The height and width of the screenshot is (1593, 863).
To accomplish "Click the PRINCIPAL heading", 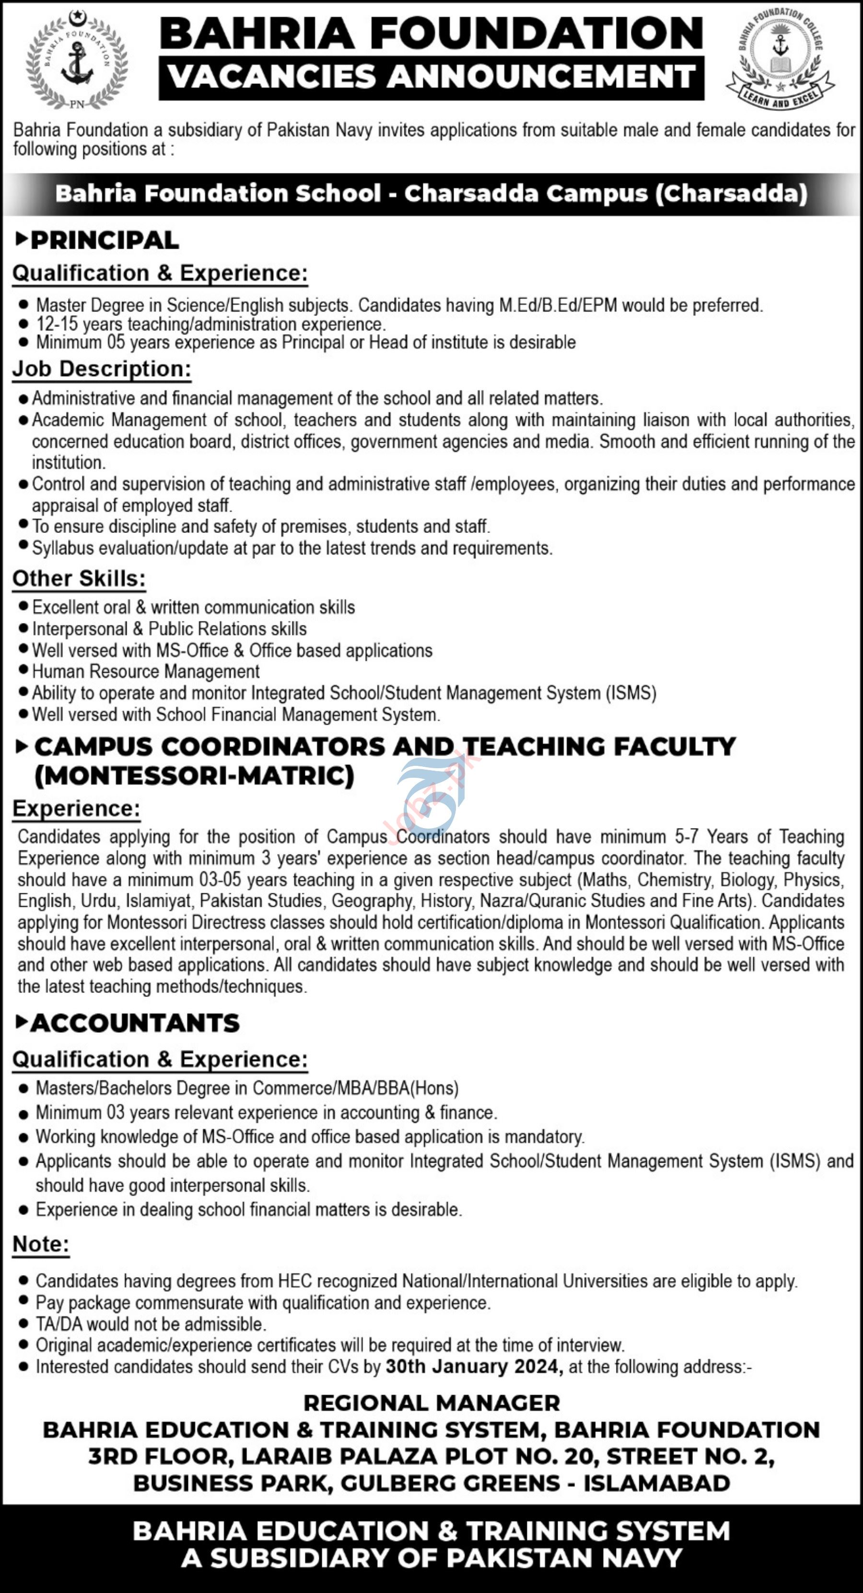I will pos(104,240).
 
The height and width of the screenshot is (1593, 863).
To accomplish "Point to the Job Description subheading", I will pos(102,369).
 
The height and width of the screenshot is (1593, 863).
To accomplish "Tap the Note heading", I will pos(41,1244).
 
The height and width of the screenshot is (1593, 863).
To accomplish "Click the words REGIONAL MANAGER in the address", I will pos(432,1403).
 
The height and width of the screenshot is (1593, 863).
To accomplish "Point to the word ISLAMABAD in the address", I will pos(656,1483).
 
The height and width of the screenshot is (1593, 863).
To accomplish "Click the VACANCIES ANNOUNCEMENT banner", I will pos(431,77).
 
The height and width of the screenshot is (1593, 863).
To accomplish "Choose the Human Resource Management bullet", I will pos(146,671).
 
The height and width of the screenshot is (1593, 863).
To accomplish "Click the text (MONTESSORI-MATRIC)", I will pos(194,775).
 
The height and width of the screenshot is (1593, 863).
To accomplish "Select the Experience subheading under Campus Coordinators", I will pos(77,808).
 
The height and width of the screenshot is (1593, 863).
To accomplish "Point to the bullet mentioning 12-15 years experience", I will pos(210,324).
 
